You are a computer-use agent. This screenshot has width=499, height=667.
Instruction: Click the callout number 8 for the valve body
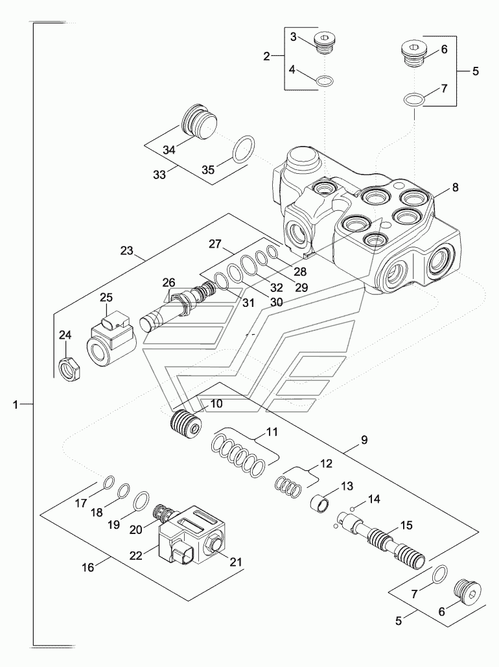tap(455, 188)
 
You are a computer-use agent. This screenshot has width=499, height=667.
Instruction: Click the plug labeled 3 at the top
tap(325, 44)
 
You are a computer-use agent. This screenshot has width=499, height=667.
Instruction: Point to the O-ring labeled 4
tap(325, 80)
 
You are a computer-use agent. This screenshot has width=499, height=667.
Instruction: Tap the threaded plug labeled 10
tap(185, 424)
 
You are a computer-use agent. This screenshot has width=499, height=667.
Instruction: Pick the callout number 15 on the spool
tap(406, 526)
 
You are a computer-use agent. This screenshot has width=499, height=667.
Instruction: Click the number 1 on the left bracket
tap(16, 405)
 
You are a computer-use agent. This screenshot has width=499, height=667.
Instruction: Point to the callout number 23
tap(126, 251)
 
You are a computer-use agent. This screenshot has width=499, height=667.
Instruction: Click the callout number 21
tap(236, 562)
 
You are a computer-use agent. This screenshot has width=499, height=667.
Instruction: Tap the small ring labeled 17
tap(109, 482)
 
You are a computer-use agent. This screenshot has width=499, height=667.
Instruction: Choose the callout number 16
tap(88, 568)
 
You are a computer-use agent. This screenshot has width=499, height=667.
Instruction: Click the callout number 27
tap(215, 244)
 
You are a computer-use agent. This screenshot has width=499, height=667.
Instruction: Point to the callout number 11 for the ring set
tap(272, 433)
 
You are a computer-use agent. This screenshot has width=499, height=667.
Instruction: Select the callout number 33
tap(159, 175)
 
